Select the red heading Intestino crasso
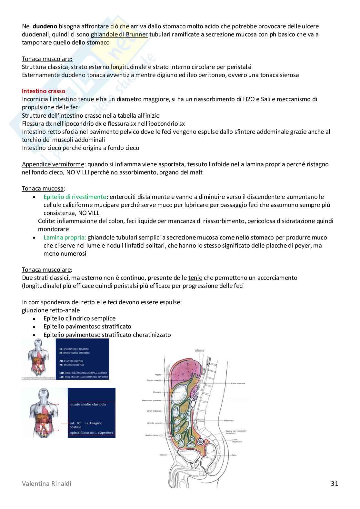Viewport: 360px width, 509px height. (44, 91)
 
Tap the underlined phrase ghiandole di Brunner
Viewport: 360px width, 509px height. (119, 34)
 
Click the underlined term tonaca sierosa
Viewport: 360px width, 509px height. (279, 75)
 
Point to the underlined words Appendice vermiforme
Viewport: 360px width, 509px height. (53, 164)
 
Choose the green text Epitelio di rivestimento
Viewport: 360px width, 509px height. (75, 197)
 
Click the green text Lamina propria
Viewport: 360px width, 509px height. (65, 238)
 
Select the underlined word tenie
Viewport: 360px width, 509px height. (195, 278)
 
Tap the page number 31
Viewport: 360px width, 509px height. (335, 484)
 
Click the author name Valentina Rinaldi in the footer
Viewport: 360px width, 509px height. (47, 484)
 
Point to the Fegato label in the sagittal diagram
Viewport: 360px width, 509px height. (158, 375)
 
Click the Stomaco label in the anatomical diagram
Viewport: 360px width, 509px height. (157, 392)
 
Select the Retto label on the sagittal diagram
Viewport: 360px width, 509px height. (234, 455)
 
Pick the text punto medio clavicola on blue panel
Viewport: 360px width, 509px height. (88, 404)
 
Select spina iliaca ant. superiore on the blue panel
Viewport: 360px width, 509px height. (92, 433)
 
